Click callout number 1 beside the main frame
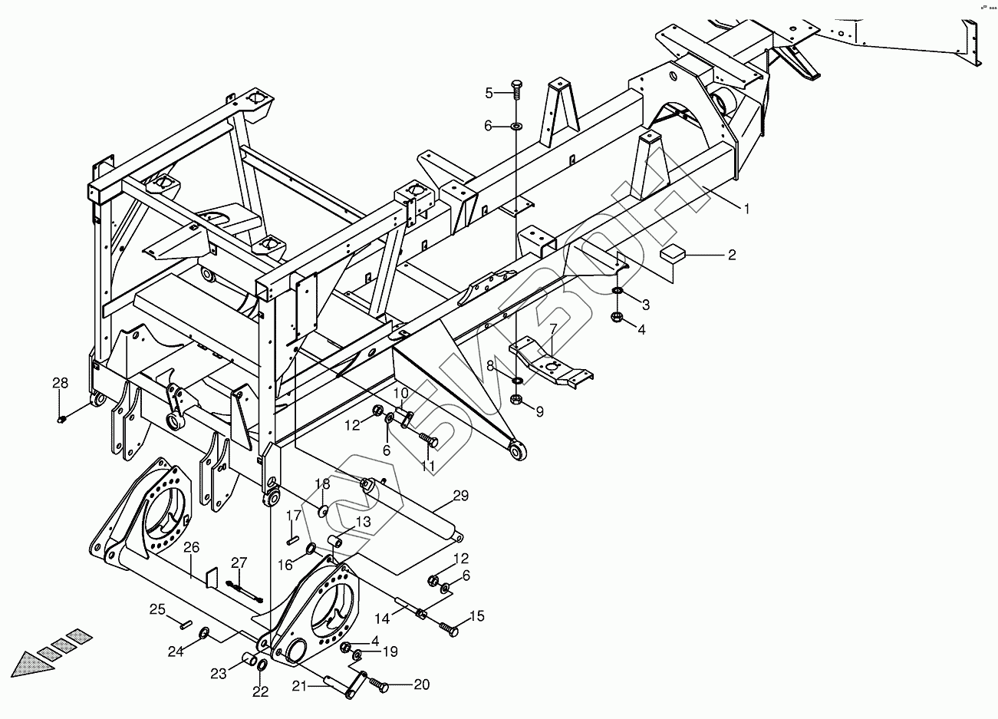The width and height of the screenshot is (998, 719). coord(745,208)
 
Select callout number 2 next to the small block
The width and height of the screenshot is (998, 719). coord(732,255)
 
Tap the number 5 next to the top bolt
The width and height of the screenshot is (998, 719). coord(489,94)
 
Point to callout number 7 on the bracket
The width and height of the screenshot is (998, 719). coord(552,328)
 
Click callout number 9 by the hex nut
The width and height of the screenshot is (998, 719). coord(539,412)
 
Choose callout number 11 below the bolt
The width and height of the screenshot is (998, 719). coord(427,466)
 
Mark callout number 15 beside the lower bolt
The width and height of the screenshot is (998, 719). coord(477,616)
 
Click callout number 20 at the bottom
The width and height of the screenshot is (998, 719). coord(420,685)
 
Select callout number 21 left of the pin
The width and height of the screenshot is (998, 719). coord(298,685)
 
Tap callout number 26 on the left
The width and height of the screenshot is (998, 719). coord(191,547)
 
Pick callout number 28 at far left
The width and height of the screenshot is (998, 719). coord(60,383)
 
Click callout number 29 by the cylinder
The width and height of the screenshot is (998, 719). coord(460,496)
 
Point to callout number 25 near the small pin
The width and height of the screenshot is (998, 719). coord(157,609)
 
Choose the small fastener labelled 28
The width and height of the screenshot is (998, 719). coord(61,419)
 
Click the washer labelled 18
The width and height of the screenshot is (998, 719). coord(323,510)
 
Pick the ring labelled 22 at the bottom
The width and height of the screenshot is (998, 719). coord(261,665)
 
